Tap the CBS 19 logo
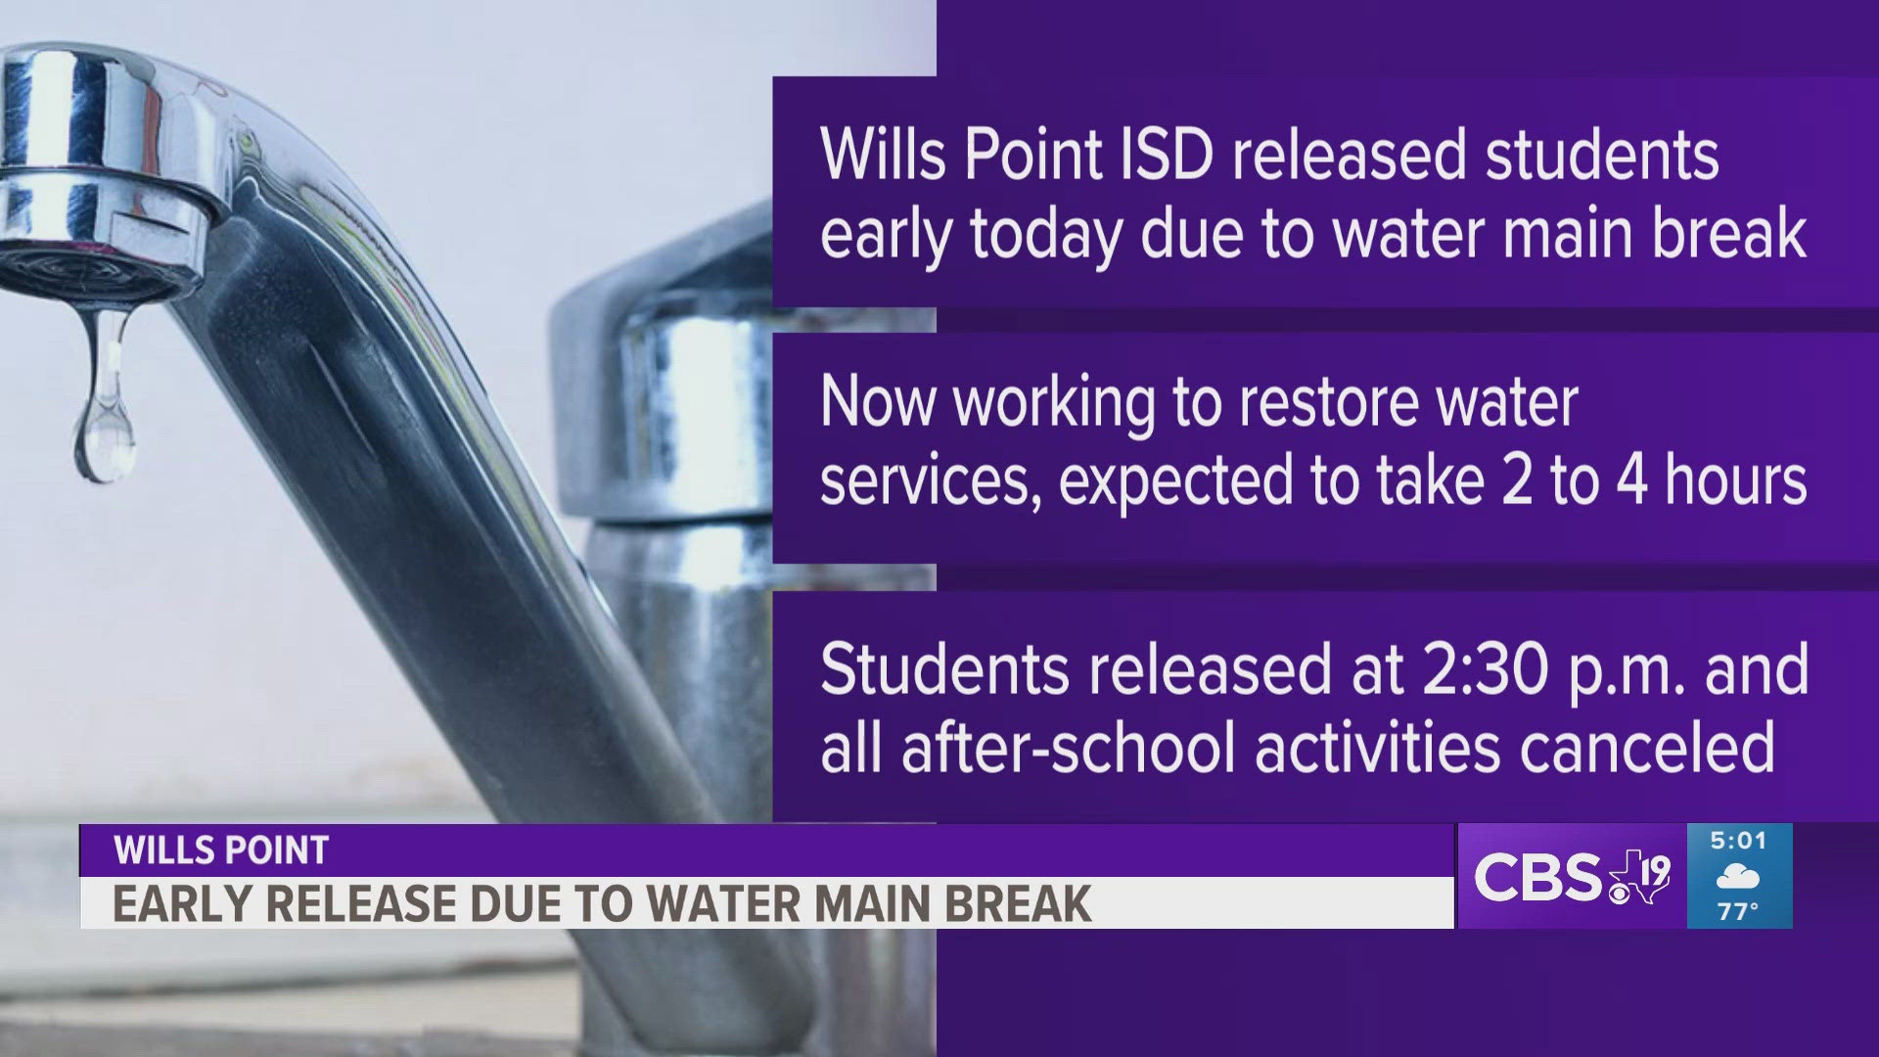coord(1572,876)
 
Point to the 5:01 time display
coord(1738,841)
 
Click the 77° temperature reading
coord(1738,911)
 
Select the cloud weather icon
coord(1738,877)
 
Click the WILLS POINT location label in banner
coord(221,850)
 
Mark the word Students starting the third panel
coord(945,669)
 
